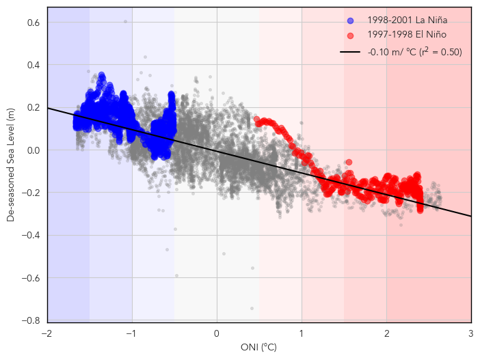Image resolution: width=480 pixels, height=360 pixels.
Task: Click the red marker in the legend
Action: (350, 34)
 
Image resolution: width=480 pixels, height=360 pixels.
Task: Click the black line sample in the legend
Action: (350, 52)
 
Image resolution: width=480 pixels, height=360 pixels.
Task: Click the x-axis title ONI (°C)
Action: (258, 348)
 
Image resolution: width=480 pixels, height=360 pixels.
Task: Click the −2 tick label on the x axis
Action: (46, 333)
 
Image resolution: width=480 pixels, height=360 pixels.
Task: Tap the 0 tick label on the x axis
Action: (217, 333)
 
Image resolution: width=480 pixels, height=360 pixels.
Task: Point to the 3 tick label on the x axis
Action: (471, 333)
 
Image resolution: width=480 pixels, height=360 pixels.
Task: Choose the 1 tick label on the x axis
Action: (302, 333)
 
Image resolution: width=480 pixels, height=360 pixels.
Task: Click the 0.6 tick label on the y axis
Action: (31, 23)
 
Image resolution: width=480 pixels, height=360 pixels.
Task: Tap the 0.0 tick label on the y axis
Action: (31, 150)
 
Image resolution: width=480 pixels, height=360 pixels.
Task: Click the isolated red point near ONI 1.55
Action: (349, 162)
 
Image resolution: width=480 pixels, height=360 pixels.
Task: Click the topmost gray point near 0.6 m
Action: (125, 21)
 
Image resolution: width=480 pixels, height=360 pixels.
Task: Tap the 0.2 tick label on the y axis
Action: (31, 108)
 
